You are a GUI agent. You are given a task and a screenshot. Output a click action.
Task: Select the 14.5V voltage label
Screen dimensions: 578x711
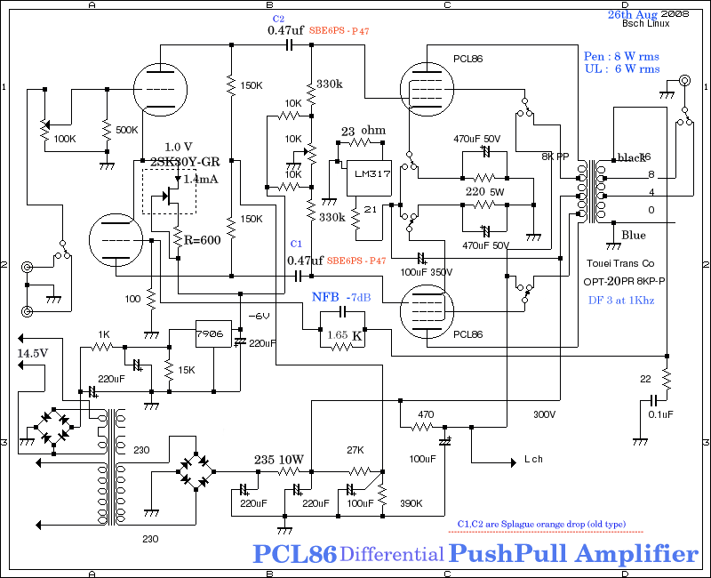coord(33,353)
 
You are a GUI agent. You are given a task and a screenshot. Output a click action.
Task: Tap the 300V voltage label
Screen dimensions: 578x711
coord(545,414)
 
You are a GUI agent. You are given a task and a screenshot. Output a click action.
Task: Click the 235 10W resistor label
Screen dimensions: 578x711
coord(279,460)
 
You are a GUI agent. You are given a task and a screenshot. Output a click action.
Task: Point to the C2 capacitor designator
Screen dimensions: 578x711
coord(278,18)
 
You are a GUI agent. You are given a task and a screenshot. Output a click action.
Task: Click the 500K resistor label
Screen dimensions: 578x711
coord(128,130)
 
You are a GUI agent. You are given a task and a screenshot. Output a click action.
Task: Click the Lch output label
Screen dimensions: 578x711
coord(534,460)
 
